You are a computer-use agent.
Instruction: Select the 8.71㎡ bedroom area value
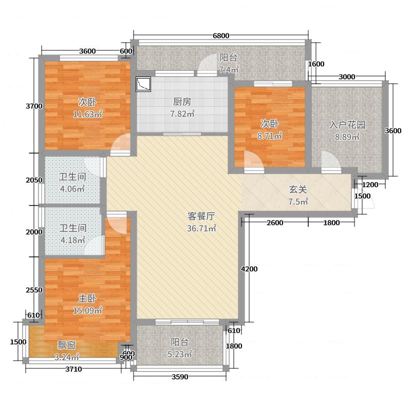tap(270, 136)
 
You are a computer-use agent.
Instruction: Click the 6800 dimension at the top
tap(221, 35)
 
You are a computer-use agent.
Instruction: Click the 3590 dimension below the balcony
tap(180, 377)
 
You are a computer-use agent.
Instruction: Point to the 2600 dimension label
tap(276, 222)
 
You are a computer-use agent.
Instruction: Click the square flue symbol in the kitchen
tap(143, 84)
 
